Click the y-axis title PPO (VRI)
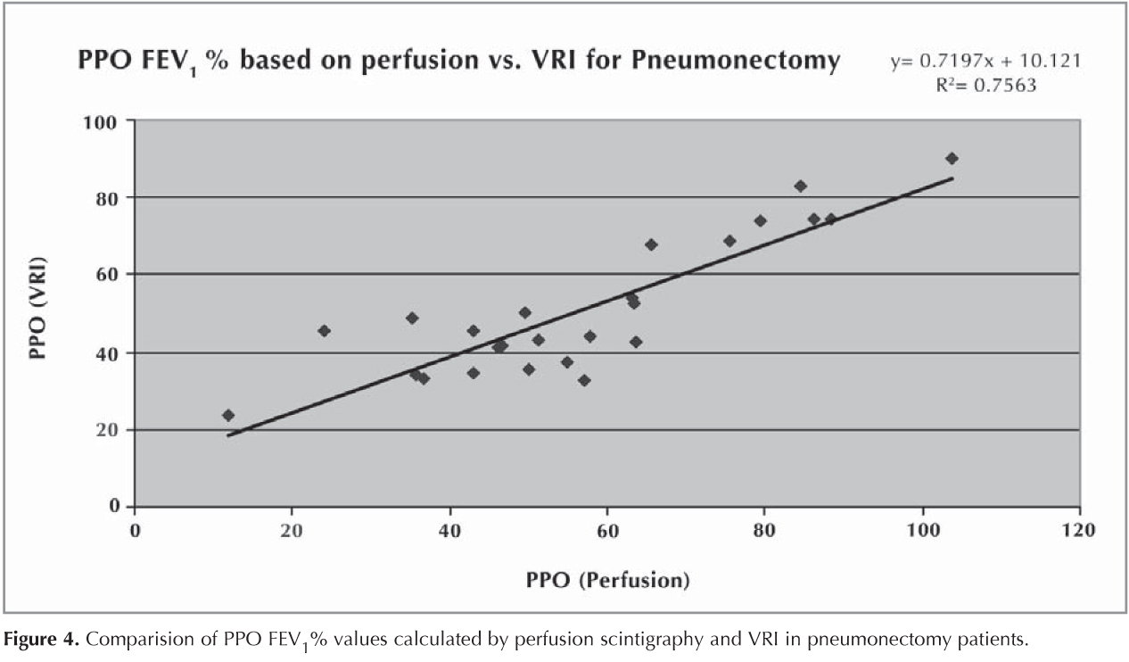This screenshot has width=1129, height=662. click(x=37, y=309)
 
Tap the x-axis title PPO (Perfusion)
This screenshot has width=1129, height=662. click(x=606, y=580)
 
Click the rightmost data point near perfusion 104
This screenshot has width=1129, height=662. click(x=952, y=158)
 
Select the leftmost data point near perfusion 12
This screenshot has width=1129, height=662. click(x=228, y=415)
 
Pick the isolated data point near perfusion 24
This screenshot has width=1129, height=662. click(x=324, y=330)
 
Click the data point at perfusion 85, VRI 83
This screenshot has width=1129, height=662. click(x=800, y=186)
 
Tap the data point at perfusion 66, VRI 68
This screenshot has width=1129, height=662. click(x=651, y=244)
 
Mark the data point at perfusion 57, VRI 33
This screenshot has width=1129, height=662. click(x=584, y=380)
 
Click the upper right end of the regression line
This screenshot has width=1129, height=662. click(x=952, y=178)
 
